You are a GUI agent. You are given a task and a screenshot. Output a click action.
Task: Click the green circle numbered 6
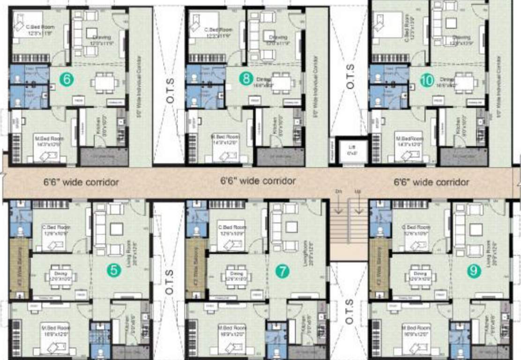click(67, 80)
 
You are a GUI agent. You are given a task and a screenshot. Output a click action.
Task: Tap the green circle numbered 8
click(245, 79)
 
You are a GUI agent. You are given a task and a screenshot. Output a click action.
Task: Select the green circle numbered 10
click(426, 80)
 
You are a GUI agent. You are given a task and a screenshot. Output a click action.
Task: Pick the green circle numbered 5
click(112, 270)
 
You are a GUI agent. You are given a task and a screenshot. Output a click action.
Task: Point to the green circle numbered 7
click(282, 271)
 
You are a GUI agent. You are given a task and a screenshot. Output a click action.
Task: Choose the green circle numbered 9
click(474, 271)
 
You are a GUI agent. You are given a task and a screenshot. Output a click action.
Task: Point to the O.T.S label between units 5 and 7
click(169, 283)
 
